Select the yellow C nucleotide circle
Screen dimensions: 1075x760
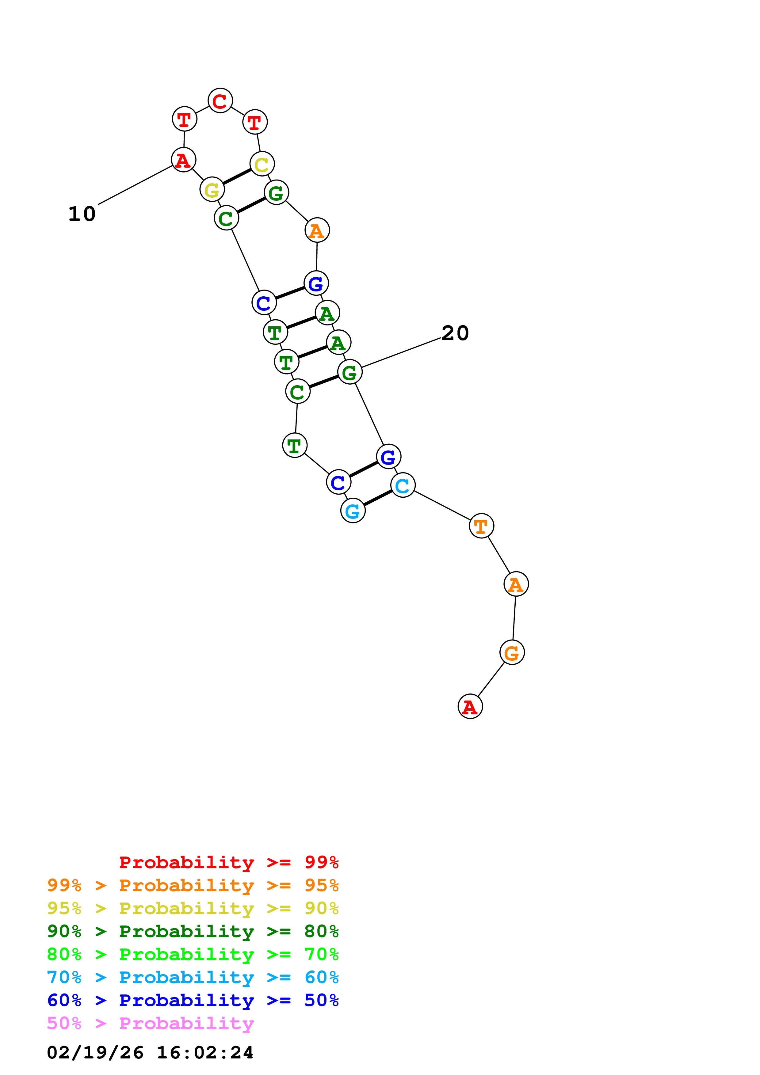point(262,164)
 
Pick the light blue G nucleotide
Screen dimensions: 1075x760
point(353,511)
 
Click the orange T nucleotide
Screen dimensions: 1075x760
point(481,526)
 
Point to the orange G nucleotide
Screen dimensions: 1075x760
point(512,653)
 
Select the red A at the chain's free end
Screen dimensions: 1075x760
point(470,707)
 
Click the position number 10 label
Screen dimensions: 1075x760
point(82,214)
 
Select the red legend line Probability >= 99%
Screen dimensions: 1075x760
point(228,862)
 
